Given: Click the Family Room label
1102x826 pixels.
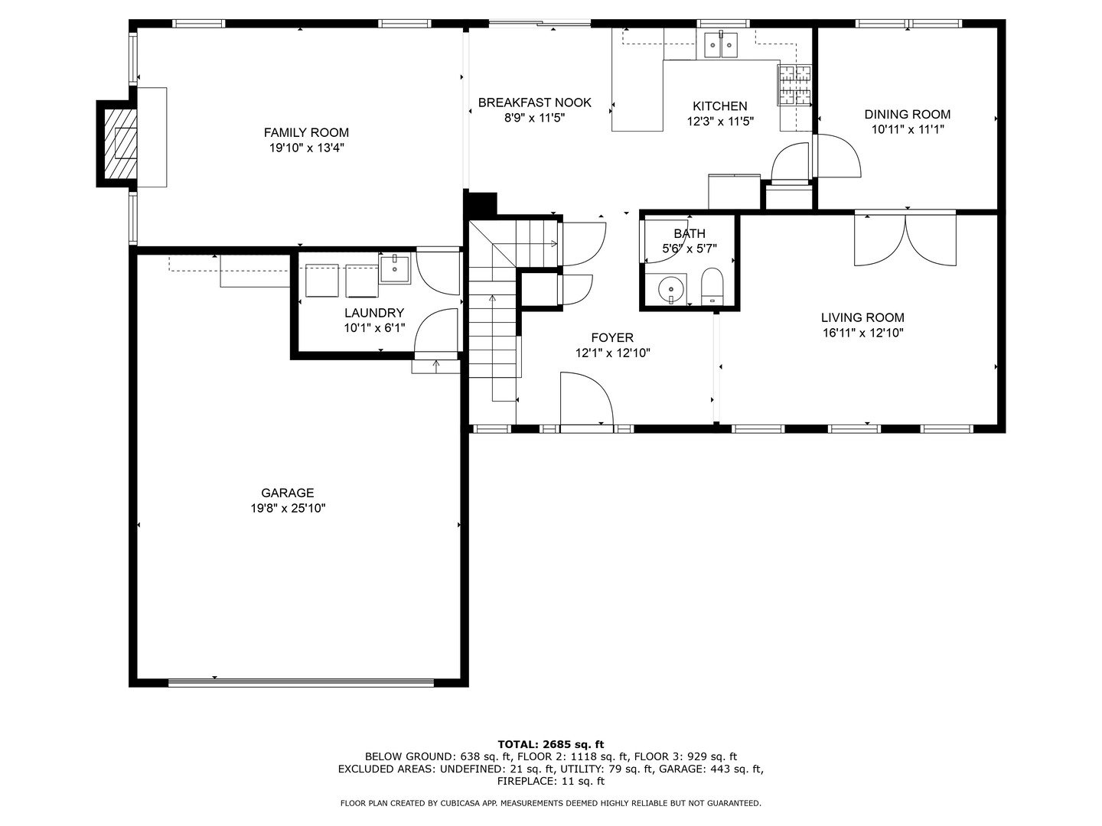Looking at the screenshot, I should point(306,132).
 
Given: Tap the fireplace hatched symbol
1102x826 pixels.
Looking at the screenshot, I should point(119,143).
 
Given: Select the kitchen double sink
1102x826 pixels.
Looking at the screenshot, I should point(719,46).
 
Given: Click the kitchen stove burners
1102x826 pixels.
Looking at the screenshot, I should point(794,84).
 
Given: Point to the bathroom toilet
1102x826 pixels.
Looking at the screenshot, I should point(712,286).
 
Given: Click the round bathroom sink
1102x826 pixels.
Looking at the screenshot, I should point(672,289).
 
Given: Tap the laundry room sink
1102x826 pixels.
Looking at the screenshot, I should point(395,268).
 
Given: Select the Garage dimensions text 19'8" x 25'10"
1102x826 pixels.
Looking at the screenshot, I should point(288,508).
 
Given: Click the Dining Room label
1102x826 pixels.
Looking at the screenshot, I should point(907,115).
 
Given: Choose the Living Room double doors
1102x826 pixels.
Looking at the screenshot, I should point(905,239).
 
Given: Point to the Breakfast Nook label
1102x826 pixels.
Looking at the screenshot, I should point(534,102).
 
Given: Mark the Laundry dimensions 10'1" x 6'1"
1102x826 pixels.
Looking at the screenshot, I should point(374,327).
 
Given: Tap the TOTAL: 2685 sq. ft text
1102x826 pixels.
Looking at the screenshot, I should point(550,743).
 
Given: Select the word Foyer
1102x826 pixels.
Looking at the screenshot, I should point(612,337).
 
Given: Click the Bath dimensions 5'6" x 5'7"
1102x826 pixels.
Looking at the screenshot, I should point(689,248).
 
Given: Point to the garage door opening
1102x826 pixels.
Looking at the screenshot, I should point(301,681).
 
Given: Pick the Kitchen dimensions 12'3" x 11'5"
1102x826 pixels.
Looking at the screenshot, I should point(719,121).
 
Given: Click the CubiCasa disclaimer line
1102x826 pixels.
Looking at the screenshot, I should point(550,803).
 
